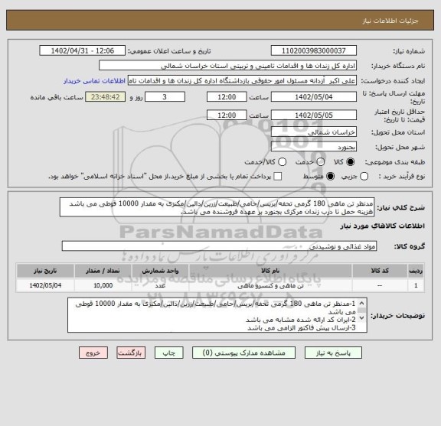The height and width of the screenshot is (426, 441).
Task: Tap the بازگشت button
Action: (135, 354)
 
